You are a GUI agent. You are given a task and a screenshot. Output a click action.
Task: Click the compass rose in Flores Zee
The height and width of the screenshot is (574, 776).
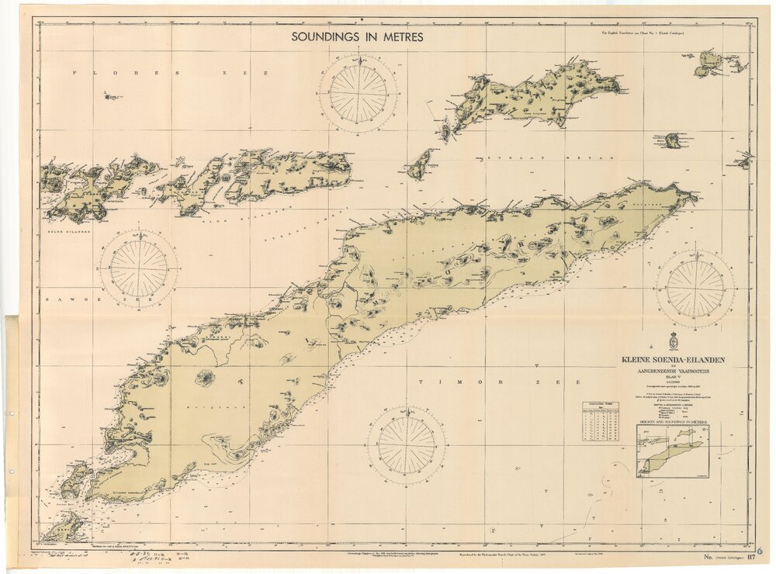(x=358, y=92)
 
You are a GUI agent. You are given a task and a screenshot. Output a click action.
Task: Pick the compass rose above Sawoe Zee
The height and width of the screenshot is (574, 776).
(x=140, y=268)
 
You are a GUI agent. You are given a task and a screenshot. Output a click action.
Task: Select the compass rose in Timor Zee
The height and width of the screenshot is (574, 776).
(x=406, y=445)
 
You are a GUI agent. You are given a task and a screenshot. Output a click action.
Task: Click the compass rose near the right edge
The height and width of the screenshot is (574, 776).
(x=695, y=288)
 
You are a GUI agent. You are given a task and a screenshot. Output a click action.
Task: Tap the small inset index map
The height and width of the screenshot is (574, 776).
(x=672, y=451)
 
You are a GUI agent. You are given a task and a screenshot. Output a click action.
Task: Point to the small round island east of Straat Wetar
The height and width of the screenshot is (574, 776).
(x=673, y=140)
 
